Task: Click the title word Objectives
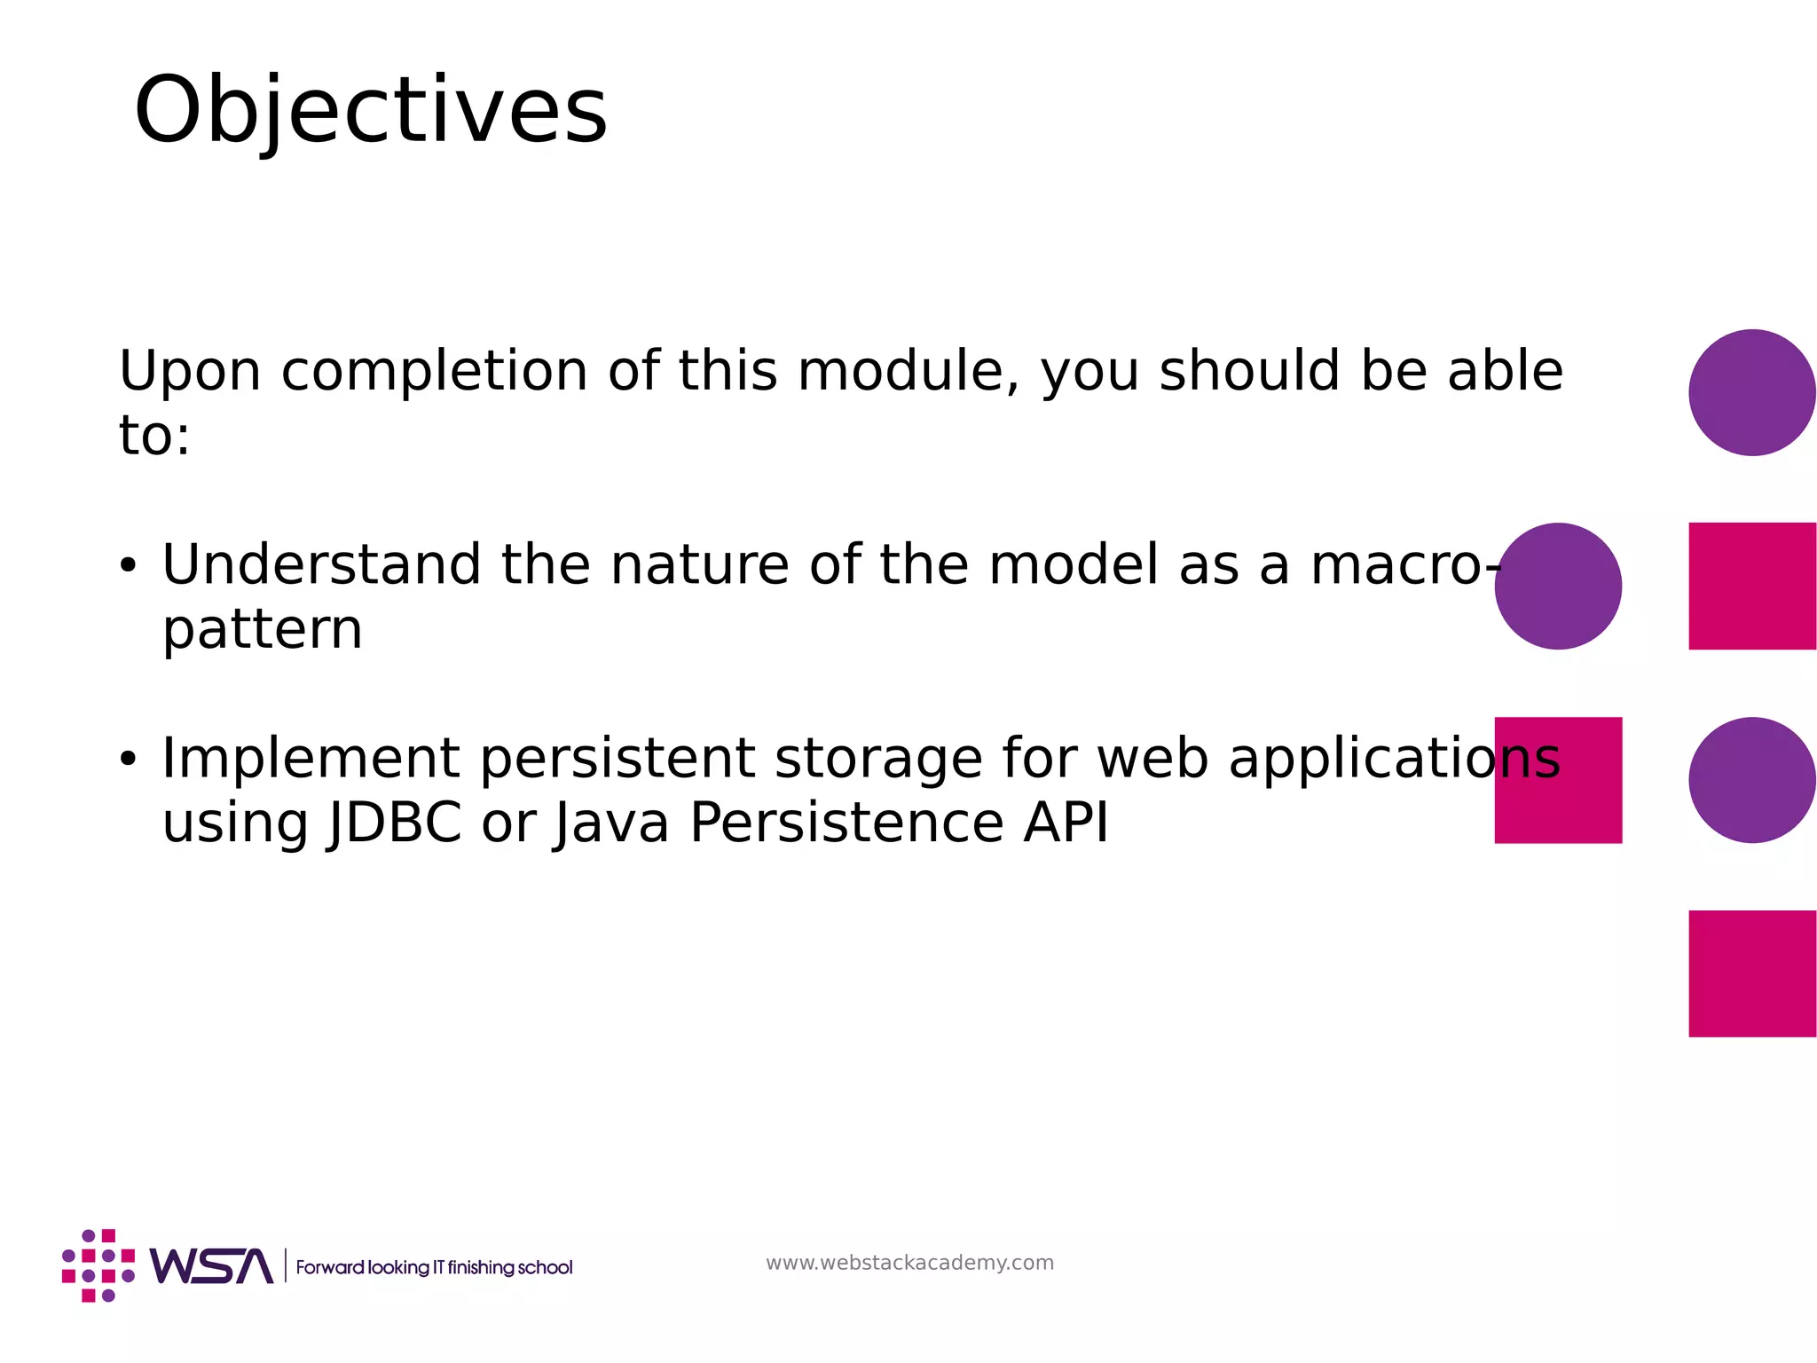click(x=371, y=110)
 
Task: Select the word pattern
click(x=263, y=629)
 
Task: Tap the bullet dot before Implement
click(x=129, y=760)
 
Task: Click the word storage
click(x=878, y=759)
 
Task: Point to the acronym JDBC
click(x=394, y=823)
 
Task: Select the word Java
click(x=611, y=823)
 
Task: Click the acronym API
click(x=1066, y=823)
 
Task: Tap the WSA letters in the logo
click(x=211, y=1266)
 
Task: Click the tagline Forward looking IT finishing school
click(x=434, y=1267)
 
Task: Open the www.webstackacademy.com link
click(x=909, y=1263)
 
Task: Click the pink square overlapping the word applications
click(x=1558, y=780)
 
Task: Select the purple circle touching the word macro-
click(x=1558, y=587)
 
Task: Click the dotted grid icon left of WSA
click(x=98, y=1266)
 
